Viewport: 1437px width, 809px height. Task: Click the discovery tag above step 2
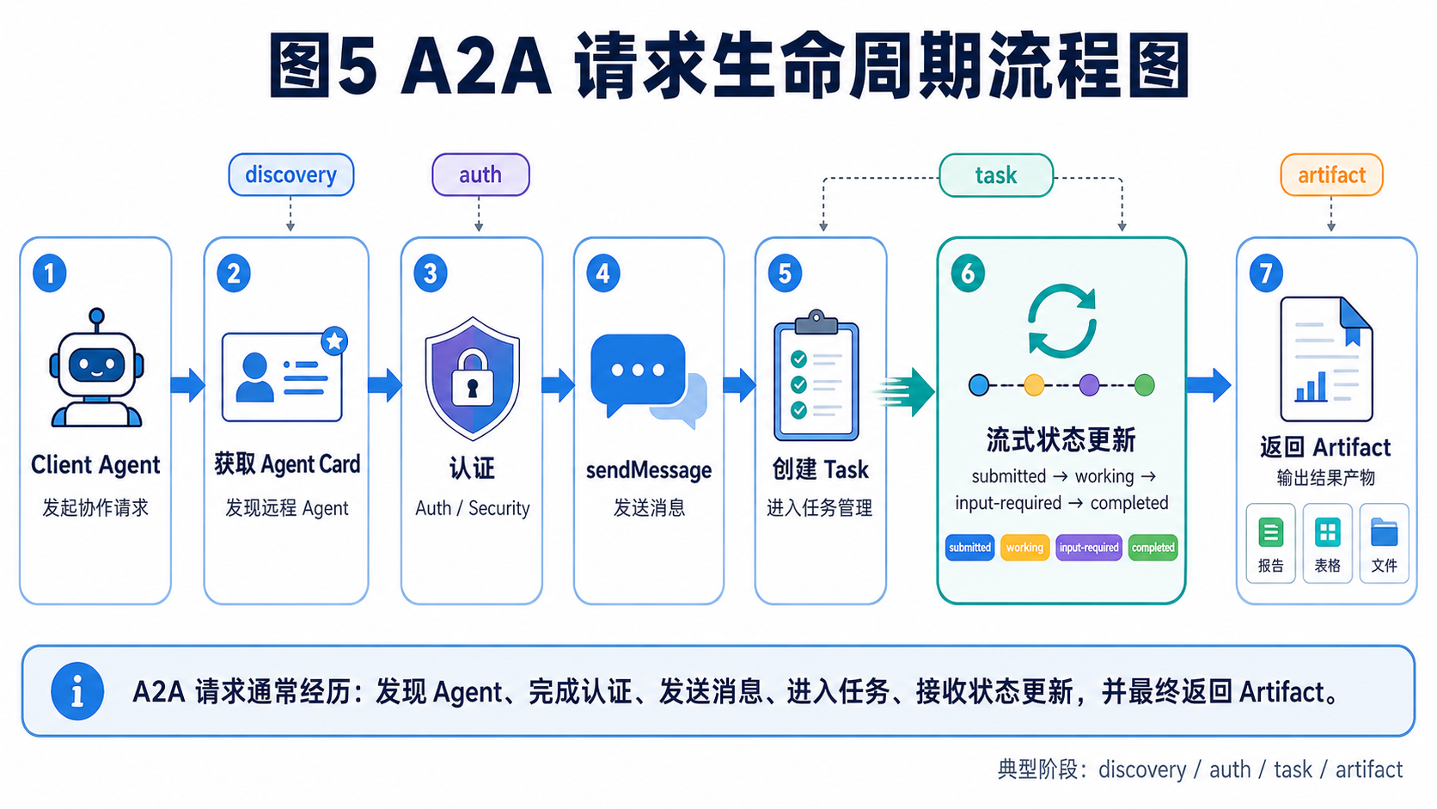tap(291, 175)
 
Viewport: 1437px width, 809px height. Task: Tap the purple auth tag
tap(480, 175)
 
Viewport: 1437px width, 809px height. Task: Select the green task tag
tap(995, 175)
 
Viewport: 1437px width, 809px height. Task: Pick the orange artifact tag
tap(1331, 175)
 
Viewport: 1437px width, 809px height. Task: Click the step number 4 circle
tap(603, 273)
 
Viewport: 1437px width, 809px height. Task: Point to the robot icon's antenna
tap(97, 320)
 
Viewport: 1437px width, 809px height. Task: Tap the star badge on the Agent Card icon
tap(334, 340)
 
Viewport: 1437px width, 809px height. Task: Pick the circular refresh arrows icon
tap(1061, 321)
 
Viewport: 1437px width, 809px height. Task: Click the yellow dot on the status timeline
tap(1033, 385)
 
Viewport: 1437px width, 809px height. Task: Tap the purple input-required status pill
tap(1089, 548)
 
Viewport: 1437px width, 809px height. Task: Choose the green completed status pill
tap(1153, 548)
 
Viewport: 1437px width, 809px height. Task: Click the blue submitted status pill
tap(970, 548)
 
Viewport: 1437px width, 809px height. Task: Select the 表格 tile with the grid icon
tap(1327, 543)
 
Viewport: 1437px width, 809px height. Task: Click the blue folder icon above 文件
tap(1384, 532)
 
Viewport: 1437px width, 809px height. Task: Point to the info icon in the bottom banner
tap(77, 691)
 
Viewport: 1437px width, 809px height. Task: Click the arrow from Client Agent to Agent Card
tap(188, 385)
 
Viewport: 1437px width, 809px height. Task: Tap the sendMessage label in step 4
tap(649, 470)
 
